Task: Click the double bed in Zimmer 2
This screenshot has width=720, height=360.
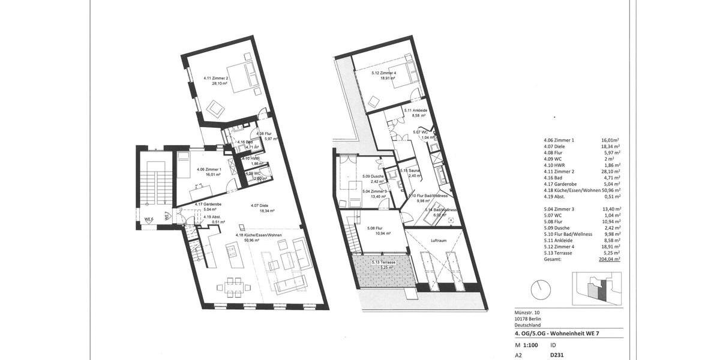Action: coord(245,76)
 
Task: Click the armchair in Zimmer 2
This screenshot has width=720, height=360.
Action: coord(215,109)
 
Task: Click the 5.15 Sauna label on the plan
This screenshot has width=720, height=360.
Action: coord(410,170)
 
